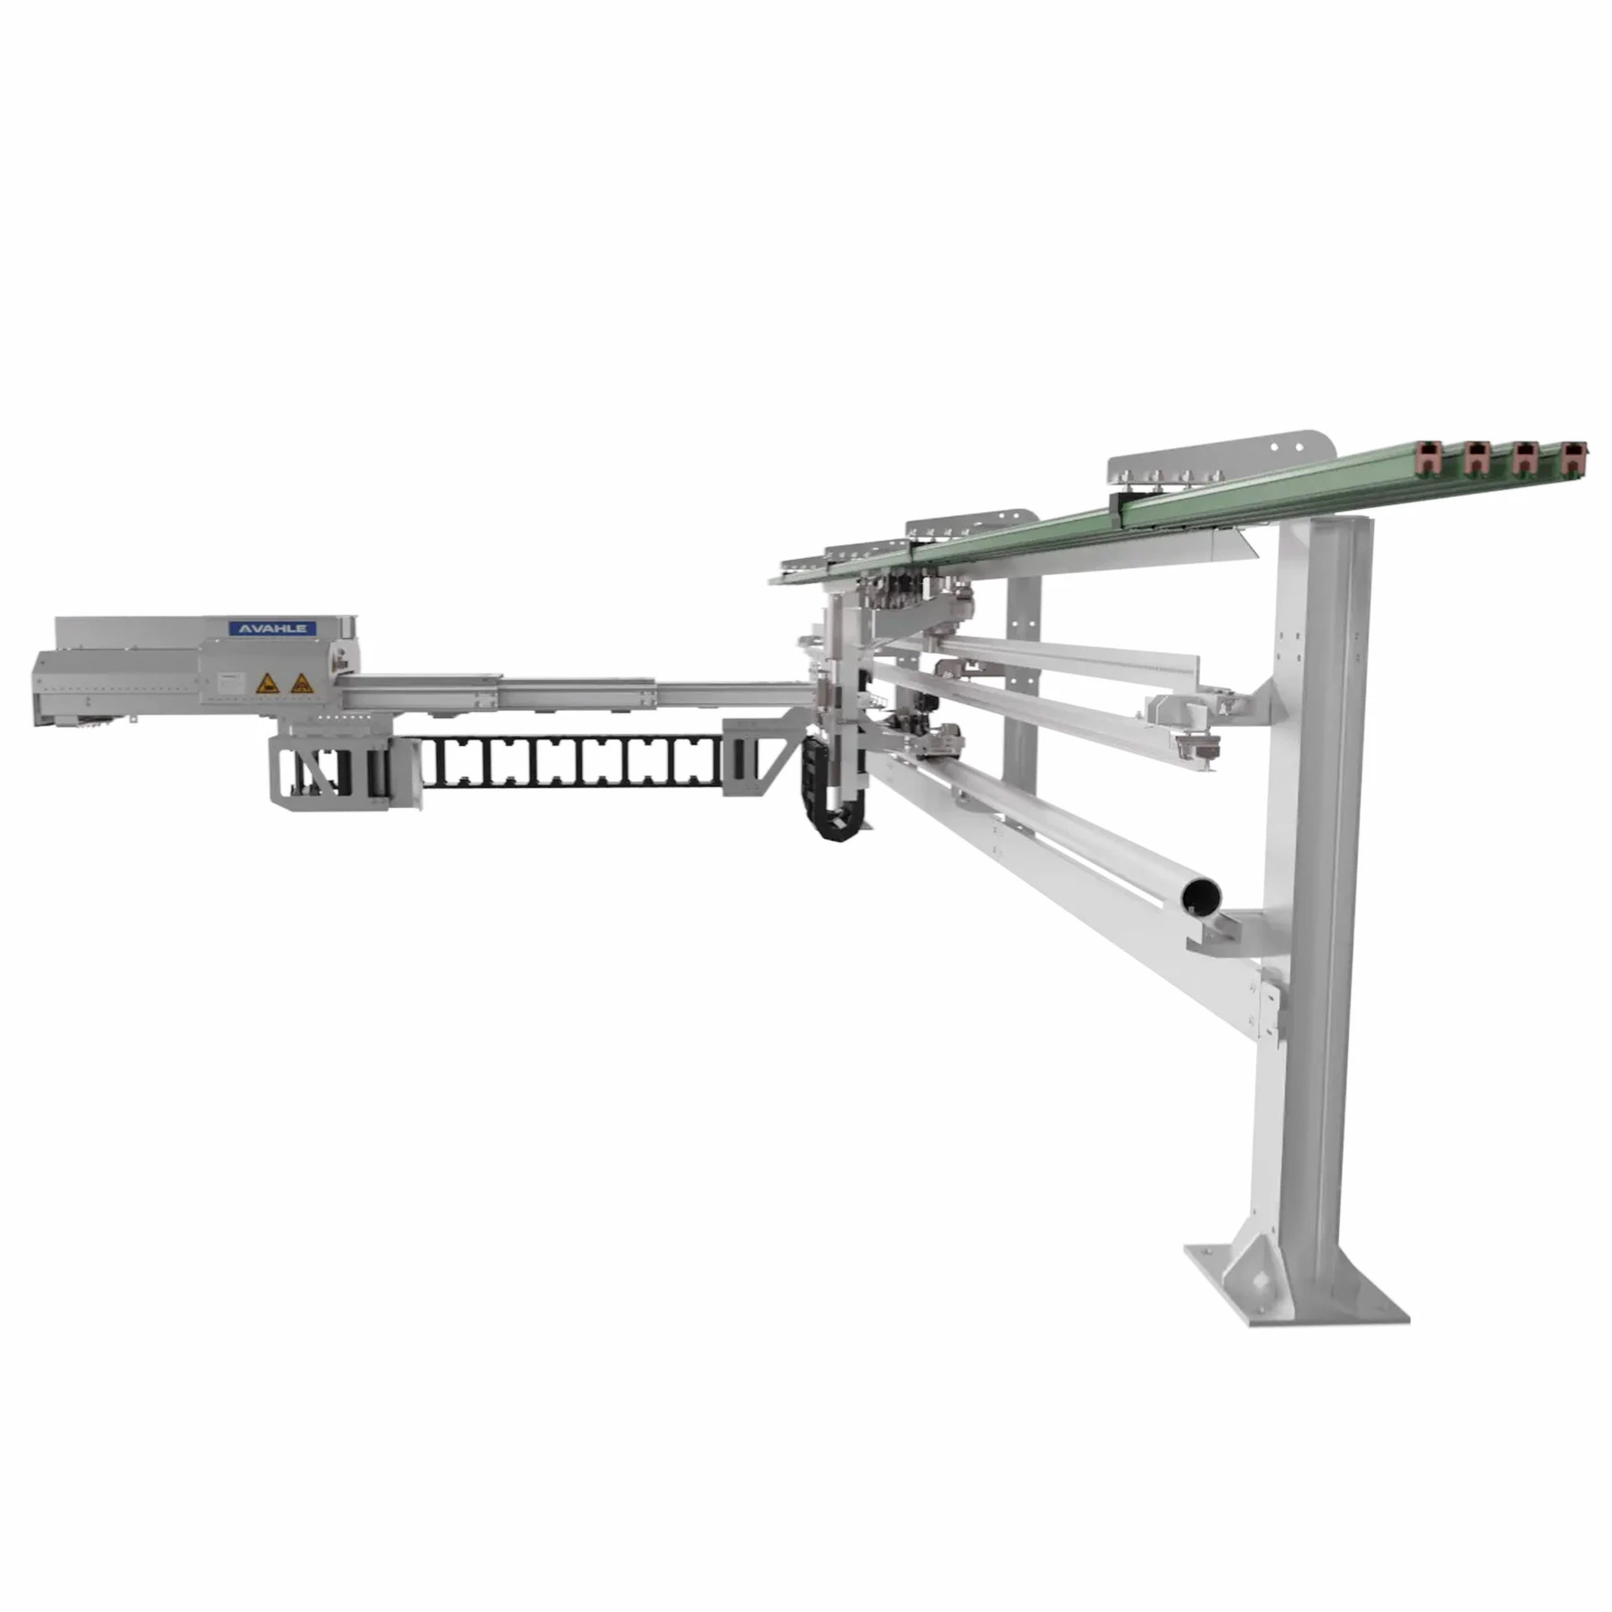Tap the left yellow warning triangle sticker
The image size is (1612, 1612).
point(267,684)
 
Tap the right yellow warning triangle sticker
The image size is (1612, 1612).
point(303,684)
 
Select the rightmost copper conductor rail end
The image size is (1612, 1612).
point(1573,457)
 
